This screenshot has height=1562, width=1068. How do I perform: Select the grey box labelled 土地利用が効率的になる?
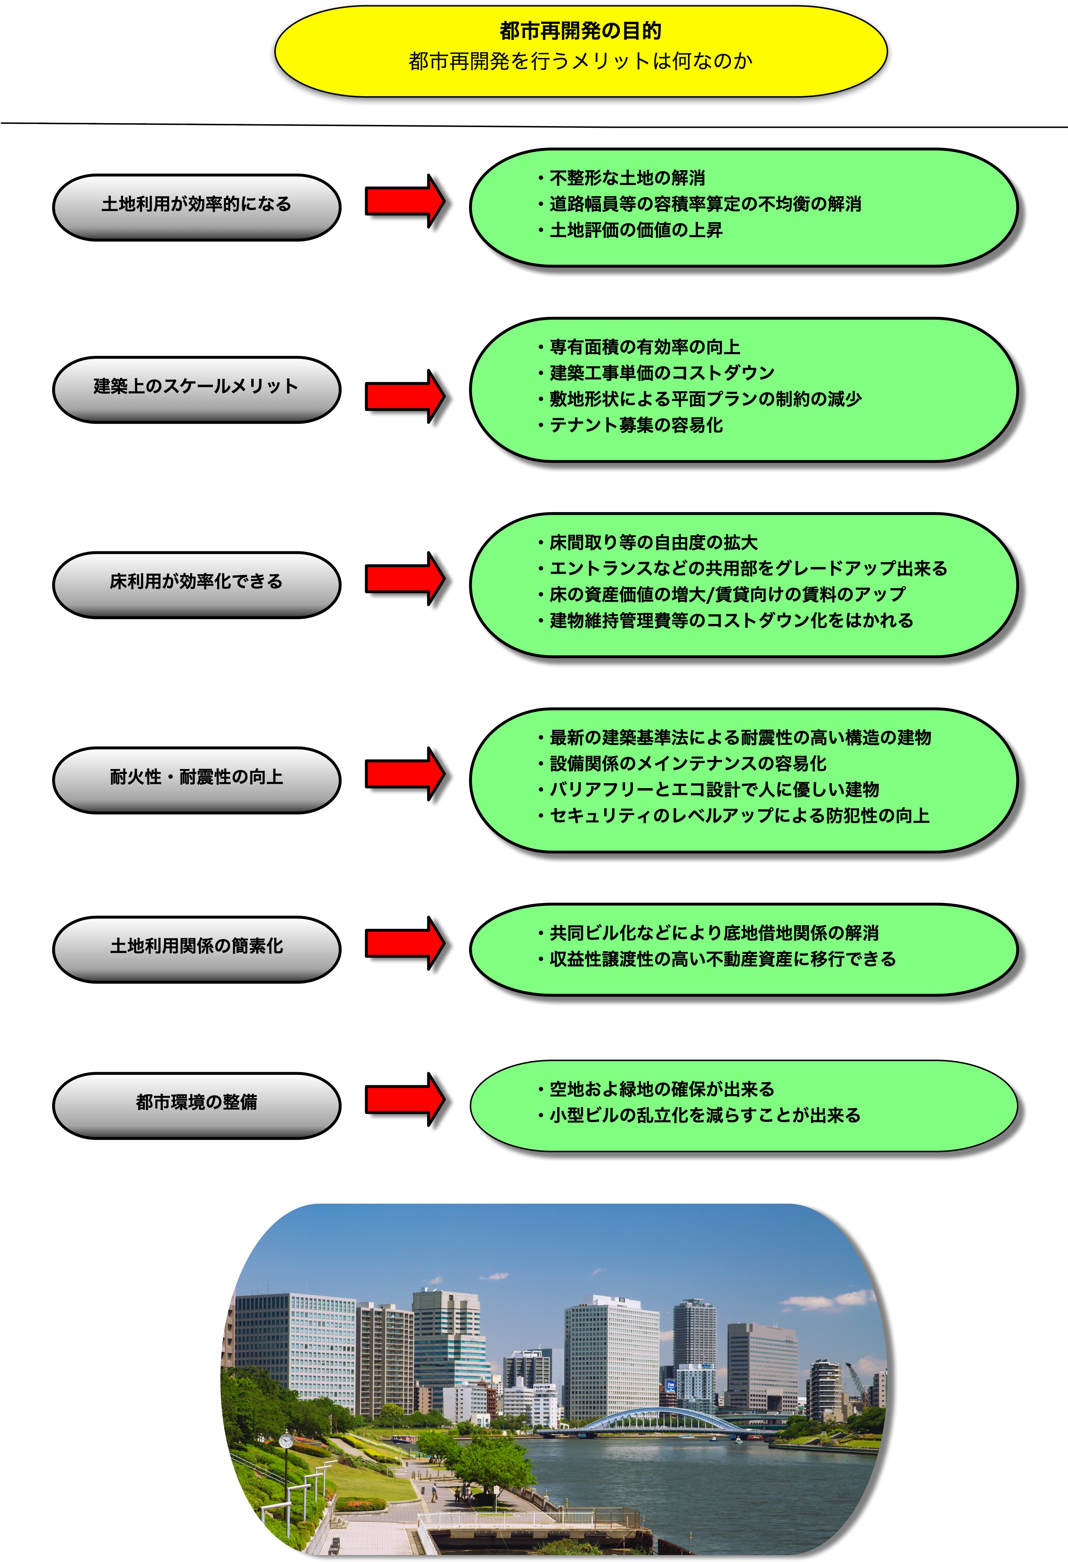(196, 207)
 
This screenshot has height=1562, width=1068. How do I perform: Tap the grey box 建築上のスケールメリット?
(196, 389)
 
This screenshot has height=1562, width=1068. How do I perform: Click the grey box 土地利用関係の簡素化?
(196, 949)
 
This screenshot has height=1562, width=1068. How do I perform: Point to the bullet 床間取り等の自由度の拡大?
(648, 542)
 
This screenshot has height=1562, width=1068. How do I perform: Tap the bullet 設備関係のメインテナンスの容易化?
(682, 763)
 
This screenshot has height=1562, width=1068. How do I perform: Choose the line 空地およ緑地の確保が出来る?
(656, 1089)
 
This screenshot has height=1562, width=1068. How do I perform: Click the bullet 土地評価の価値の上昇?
(630, 230)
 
